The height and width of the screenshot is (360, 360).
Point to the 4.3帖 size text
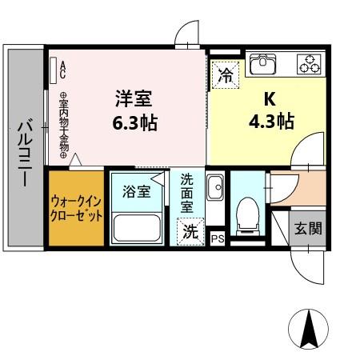tap(270, 122)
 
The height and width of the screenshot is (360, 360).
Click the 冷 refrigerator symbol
tap(226, 77)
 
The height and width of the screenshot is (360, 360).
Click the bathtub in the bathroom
tap(137, 226)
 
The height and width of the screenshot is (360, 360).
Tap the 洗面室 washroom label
tap(187, 192)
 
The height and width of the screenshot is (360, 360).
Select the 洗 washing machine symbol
tap(190, 232)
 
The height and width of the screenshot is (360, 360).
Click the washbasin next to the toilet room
tap(214, 189)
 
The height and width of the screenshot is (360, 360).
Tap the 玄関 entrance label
tap(306, 229)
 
